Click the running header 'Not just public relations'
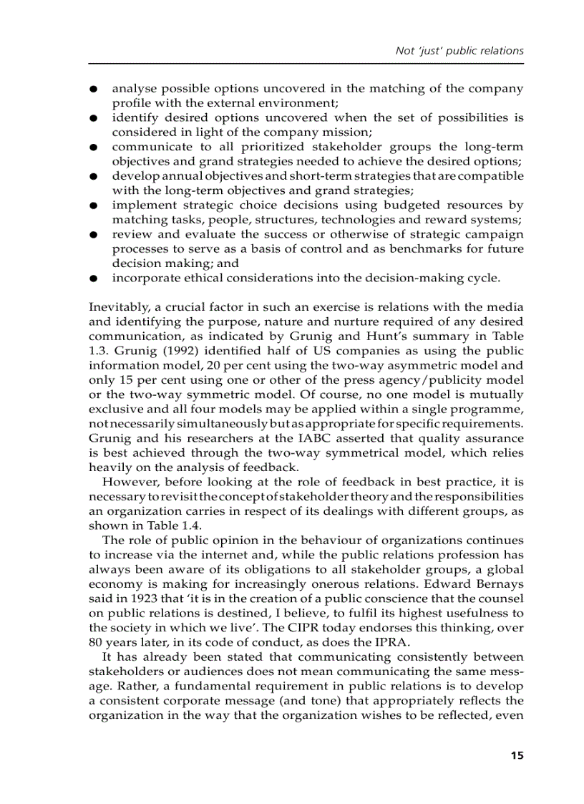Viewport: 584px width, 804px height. (459, 51)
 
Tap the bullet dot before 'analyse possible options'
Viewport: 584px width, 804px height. (93, 89)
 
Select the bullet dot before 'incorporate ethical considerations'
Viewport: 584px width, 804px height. (93, 279)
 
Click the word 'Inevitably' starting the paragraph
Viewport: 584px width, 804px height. (117, 307)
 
